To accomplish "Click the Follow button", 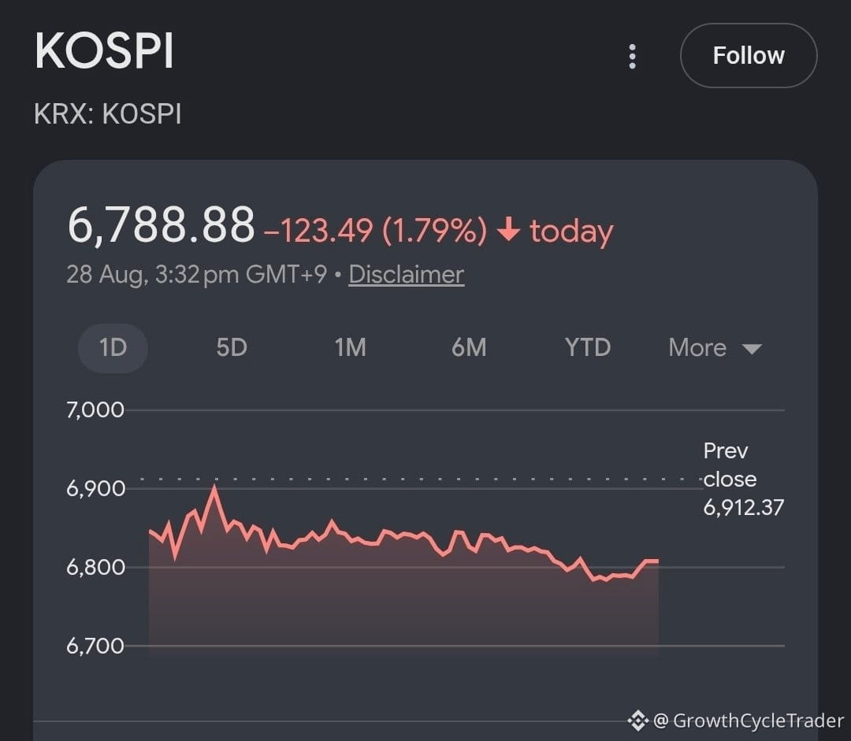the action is pyautogui.click(x=749, y=55).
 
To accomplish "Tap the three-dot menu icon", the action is pyautogui.click(x=632, y=57).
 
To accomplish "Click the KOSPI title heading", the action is pyautogui.click(x=104, y=51).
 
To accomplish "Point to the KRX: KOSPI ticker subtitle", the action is pyautogui.click(x=107, y=114).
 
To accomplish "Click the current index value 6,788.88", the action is pyautogui.click(x=162, y=224).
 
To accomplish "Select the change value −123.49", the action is pyautogui.click(x=318, y=231).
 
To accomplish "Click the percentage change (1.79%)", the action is pyautogui.click(x=435, y=231).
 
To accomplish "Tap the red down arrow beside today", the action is pyautogui.click(x=509, y=228).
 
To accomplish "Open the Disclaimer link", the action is pyautogui.click(x=407, y=275).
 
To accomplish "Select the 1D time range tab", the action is pyautogui.click(x=113, y=348).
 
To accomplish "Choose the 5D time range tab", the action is pyautogui.click(x=232, y=348).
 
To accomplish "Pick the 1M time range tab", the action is pyautogui.click(x=350, y=348).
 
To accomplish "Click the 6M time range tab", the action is pyautogui.click(x=469, y=348).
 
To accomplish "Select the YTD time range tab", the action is pyautogui.click(x=588, y=348).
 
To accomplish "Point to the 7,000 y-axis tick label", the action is pyautogui.click(x=95, y=410).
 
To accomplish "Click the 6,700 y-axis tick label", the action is pyautogui.click(x=95, y=646).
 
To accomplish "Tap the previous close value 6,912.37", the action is pyautogui.click(x=744, y=508).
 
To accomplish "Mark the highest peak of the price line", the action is pyautogui.click(x=215, y=487).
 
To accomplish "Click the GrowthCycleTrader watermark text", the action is pyautogui.click(x=758, y=721).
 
